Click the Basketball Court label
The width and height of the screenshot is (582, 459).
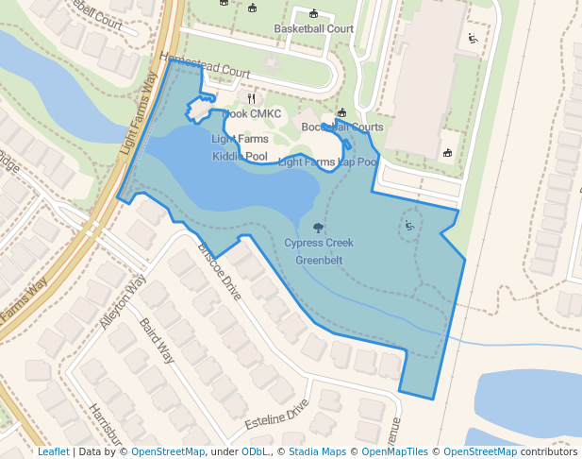click(x=313, y=28)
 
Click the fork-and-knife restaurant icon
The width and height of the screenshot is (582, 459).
click(x=251, y=97)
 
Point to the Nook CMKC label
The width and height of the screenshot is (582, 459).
click(x=251, y=114)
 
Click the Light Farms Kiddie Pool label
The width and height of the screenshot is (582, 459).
click(x=240, y=147)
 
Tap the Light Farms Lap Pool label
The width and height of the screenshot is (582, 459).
click(x=327, y=162)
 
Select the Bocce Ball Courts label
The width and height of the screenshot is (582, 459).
click(x=341, y=127)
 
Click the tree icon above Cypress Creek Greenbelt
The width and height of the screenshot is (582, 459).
click(x=318, y=228)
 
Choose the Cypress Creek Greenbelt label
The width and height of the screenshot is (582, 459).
click(x=318, y=251)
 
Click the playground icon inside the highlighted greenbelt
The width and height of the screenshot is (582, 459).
click(x=409, y=225)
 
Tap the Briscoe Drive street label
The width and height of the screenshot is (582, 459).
click(x=219, y=272)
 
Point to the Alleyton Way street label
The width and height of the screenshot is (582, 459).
click(x=123, y=301)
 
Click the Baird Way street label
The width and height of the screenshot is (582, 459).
click(x=157, y=341)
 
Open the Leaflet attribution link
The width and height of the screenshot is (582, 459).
click(x=53, y=451)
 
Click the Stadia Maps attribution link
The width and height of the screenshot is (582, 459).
click(x=317, y=451)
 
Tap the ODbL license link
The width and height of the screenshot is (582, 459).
click(x=255, y=451)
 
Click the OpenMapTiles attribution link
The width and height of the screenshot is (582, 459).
click(x=397, y=451)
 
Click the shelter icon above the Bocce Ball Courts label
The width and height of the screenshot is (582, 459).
click(x=341, y=112)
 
